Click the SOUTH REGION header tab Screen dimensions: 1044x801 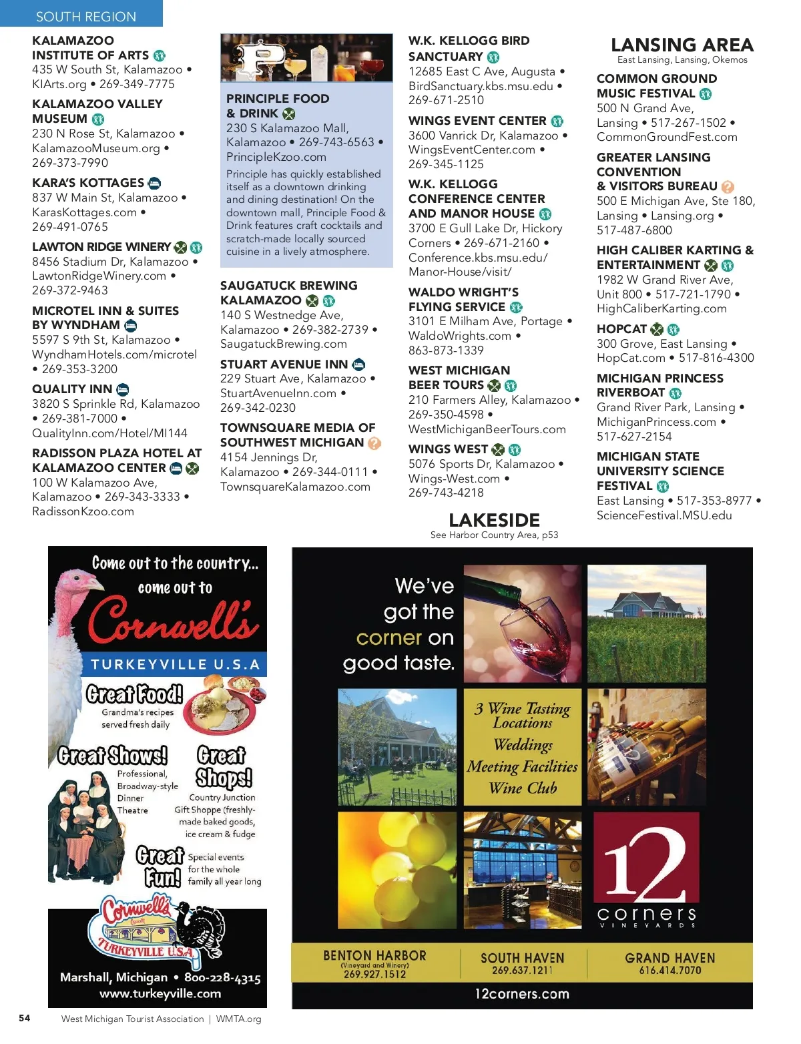coord(85,16)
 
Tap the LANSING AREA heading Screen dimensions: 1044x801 coord(682,45)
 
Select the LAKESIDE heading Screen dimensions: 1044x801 coord(494,520)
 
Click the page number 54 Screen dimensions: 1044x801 coord(25,1018)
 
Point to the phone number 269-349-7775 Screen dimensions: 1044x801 coord(137,84)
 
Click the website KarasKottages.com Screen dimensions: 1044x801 coord(84,212)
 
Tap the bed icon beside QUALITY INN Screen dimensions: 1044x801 coord(123,389)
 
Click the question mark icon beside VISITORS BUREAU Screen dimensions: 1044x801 coord(728,187)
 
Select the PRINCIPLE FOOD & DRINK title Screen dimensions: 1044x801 coord(277,105)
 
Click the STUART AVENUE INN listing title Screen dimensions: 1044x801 coord(284,364)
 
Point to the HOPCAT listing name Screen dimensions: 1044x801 coord(621,329)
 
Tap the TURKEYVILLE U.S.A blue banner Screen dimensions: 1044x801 coord(175,664)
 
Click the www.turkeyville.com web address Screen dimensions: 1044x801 coord(160,993)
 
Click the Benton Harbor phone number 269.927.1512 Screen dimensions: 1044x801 coord(374,974)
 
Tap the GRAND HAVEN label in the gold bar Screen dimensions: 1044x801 coord(670,958)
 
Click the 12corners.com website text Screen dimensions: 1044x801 coord(522,994)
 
